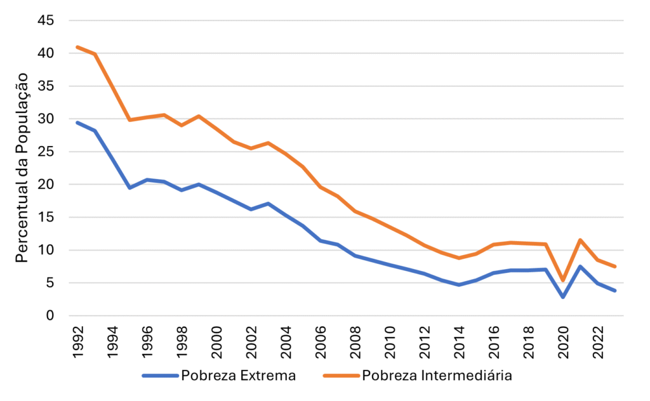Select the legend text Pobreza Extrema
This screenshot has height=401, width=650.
[x=239, y=376]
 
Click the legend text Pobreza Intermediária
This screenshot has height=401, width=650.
[x=437, y=376]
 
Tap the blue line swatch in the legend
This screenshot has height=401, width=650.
[x=161, y=376]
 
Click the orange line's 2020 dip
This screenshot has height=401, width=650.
[x=563, y=280]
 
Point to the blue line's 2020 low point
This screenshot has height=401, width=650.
[x=563, y=297]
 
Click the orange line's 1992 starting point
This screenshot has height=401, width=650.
[x=77, y=47]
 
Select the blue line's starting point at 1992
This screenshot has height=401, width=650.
[x=77, y=122]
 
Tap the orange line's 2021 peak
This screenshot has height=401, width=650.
[x=580, y=240]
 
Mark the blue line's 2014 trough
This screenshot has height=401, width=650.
[x=459, y=285]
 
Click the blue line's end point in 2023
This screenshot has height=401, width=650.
[x=615, y=291]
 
